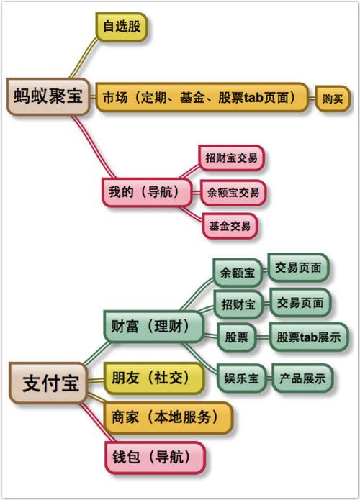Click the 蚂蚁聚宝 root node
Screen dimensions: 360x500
coord(48,96)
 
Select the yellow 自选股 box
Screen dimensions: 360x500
coord(121,27)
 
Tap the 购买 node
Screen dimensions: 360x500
coord(333,99)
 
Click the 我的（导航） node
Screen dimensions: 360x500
coord(147,192)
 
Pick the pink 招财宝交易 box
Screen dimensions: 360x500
coord(231,158)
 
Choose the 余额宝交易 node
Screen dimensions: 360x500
coord(233,193)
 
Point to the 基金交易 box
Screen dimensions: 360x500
coord(230,226)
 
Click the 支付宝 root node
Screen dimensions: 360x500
coord(48,383)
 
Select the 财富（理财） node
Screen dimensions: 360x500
coord(153,327)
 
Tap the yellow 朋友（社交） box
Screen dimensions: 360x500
coord(154,378)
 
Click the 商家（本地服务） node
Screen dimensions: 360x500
coord(168,417)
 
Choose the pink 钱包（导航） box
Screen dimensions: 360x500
coord(155,458)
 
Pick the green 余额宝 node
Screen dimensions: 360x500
coord(238,273)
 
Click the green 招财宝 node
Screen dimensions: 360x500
coord(238,304)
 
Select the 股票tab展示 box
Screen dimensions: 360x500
coord(309,337)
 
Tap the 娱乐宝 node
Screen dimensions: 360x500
coord(241,378)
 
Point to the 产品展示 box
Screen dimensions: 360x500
coord(302,378)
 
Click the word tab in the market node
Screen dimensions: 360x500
coord(254,98)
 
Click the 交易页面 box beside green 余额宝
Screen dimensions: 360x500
coord(298,268)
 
